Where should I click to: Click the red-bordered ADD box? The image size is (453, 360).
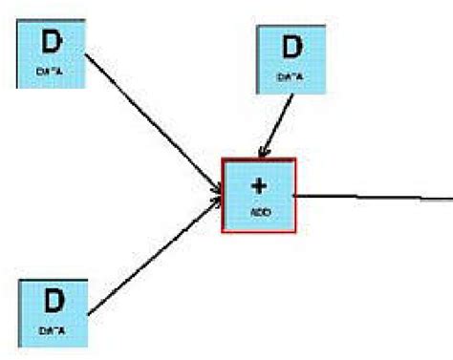pos(259,195)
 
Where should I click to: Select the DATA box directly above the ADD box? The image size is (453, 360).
pos(291,56)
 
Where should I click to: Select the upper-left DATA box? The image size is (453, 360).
pos(52,54)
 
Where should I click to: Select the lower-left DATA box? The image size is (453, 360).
pos(54,312)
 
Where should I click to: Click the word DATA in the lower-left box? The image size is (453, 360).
pos(53,329)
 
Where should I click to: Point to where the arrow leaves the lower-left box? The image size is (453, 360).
pos(88,311)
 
